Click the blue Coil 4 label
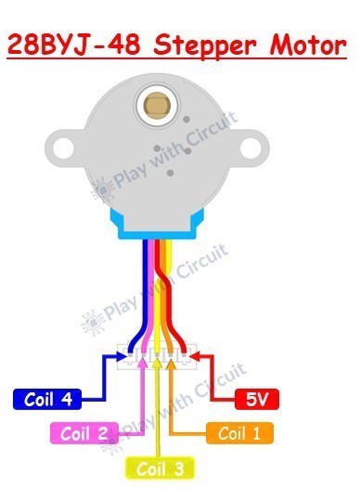(45, 400)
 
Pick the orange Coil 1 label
(240, 432)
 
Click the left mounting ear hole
(64, 147)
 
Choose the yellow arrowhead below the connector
(157, 365)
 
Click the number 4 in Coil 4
(66, 400)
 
